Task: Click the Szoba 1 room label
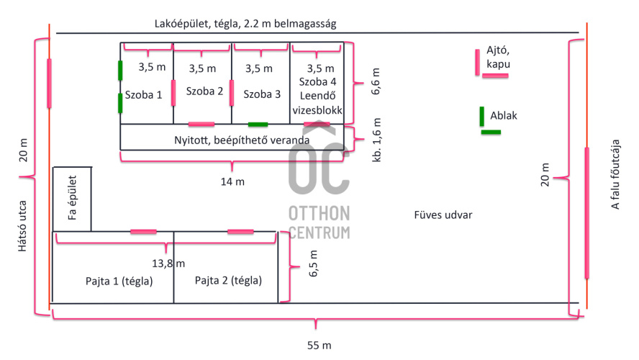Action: coord(143,94)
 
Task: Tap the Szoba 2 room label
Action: coord(204,91)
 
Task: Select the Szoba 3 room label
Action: coord(261,94)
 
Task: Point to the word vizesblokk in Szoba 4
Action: coord(317,110)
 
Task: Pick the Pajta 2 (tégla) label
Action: coord(228,280)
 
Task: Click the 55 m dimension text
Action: coord(319,345)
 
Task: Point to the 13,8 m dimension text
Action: coord(168,264)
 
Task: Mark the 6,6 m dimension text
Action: coord(376,81)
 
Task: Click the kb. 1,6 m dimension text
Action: coord(377,140)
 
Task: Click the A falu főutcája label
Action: coord(616,175)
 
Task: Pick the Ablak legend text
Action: coord(504,115)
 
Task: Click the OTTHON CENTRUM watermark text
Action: coord(319,222)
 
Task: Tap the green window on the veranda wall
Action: coord(258,125)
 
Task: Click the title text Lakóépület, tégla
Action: coord(245,24)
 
